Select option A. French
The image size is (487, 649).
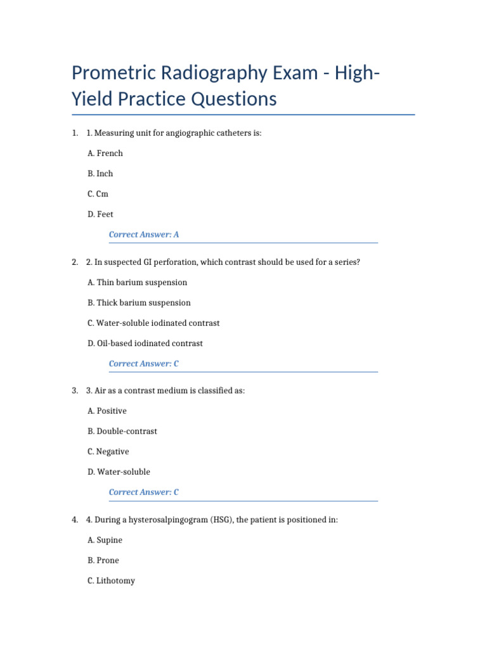(x=105, y=153)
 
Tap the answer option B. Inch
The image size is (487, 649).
(x=100, y=174)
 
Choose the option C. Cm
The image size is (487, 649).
(x=98, y=194)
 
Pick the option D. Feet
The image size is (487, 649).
(x=100, y=214)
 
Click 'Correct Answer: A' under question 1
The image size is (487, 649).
(x=144, y=235)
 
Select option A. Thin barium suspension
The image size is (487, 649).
(x=137, y=283)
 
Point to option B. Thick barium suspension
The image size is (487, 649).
(x=139, y=303)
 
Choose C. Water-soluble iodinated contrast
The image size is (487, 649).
(x=153, y=323)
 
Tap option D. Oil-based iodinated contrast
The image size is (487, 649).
(x=145, y=344)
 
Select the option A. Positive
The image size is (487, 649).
(x=107, y=411)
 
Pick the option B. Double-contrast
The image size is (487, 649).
(x=122, y=432)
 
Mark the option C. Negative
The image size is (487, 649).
(x=108, y=452)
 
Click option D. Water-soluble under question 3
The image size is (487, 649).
(x=119, y=472)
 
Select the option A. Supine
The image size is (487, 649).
(x=105, y=540)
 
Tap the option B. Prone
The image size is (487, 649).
(x=103, y=560)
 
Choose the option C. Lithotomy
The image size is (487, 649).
(x=111, y=581)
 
